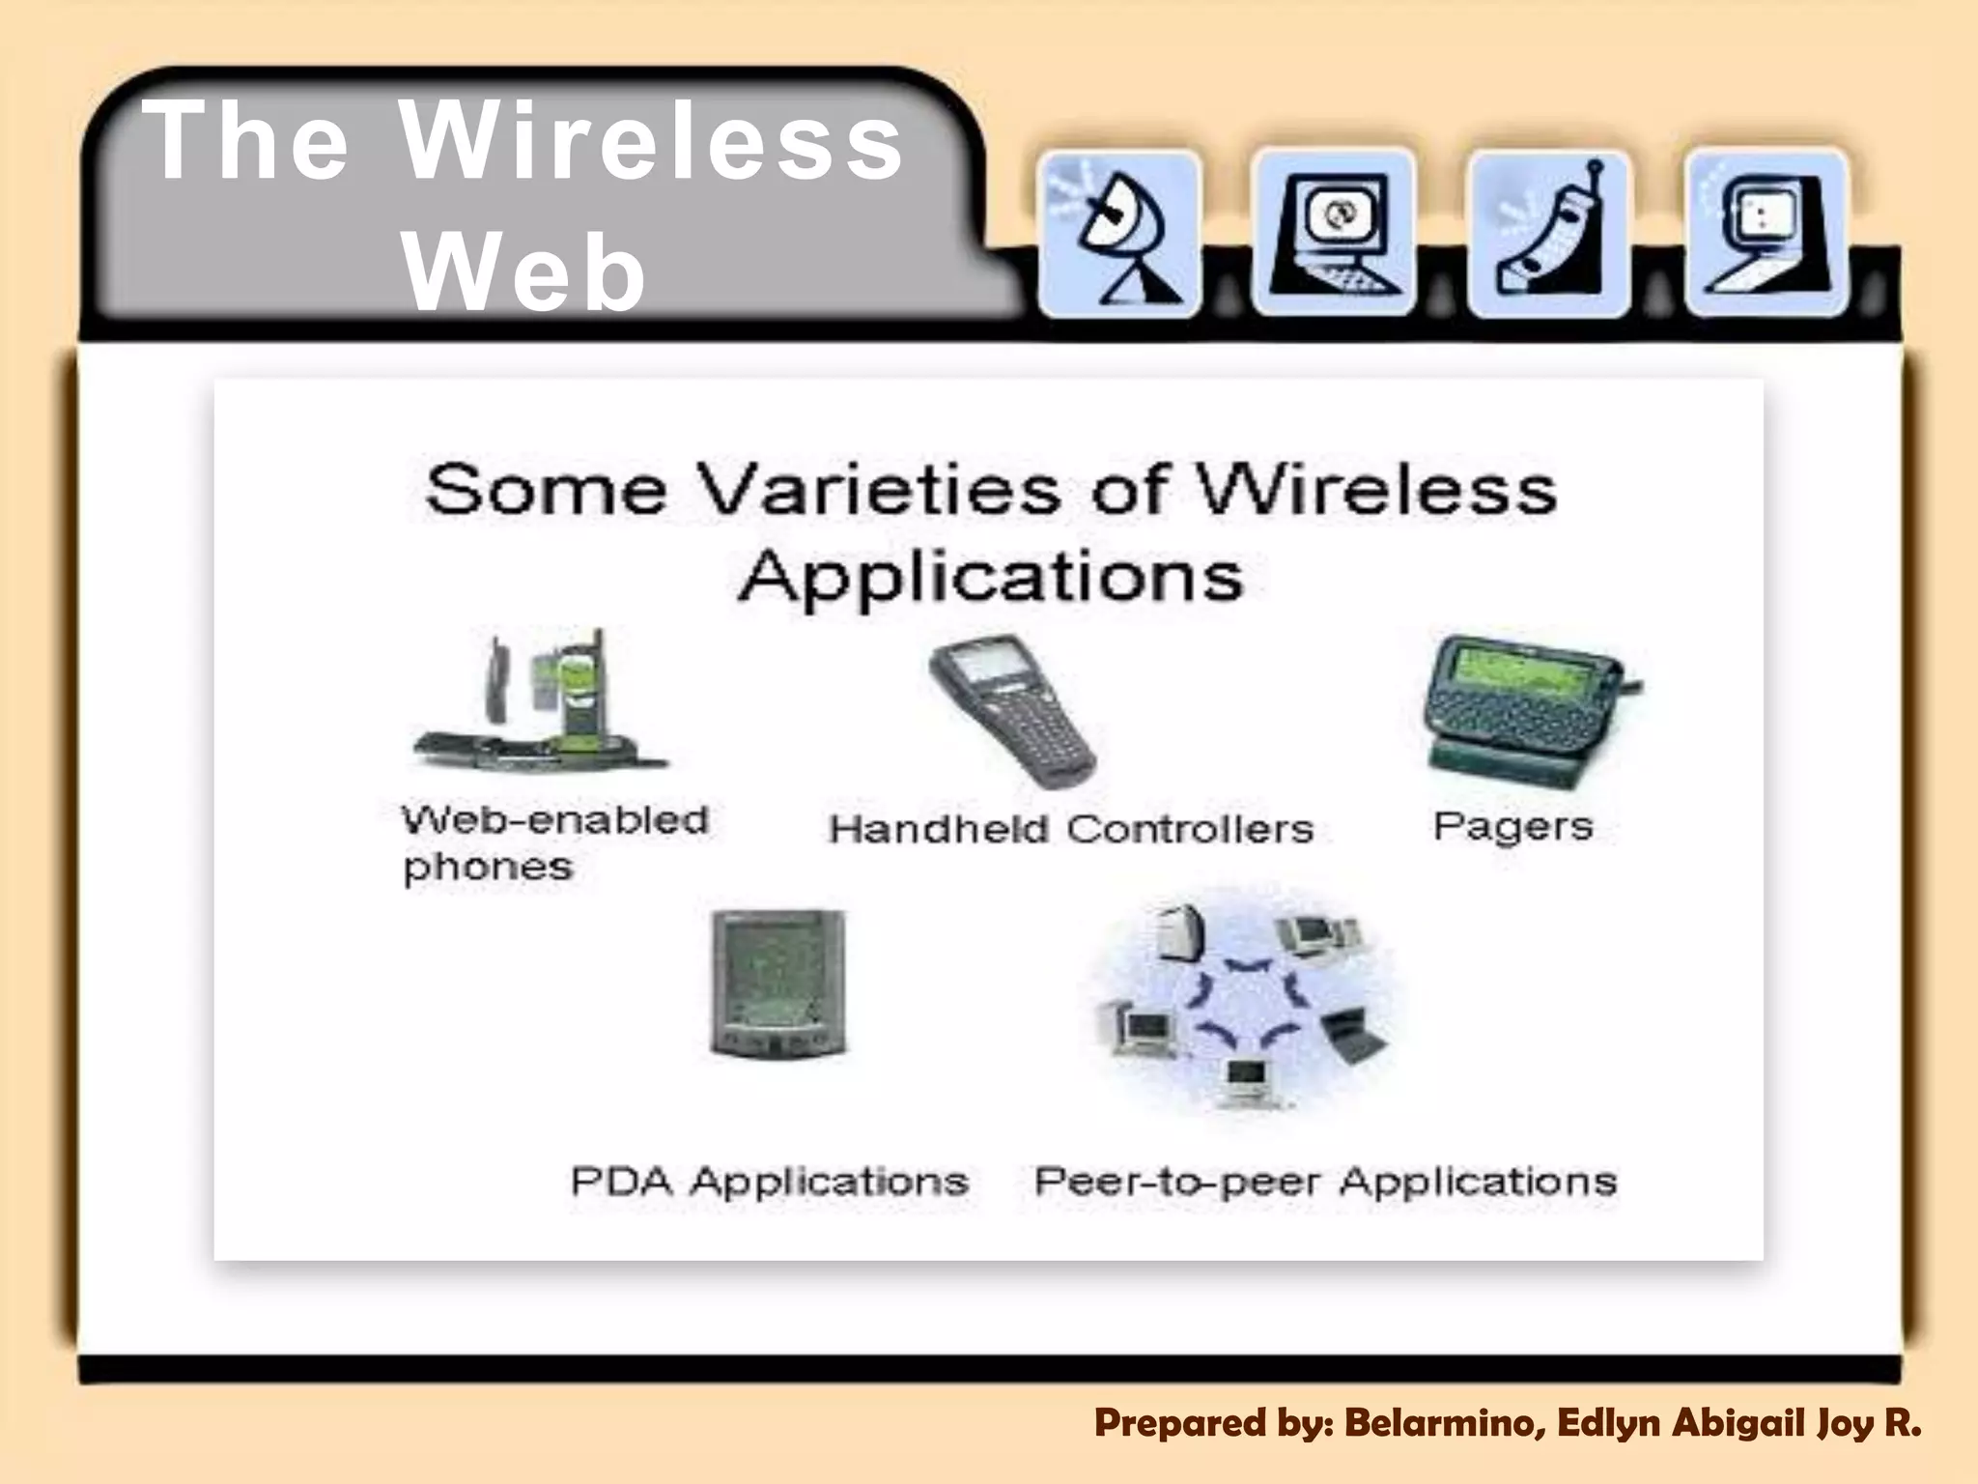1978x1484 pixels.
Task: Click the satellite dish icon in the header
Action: pos(1120,235)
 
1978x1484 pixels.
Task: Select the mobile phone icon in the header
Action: pos(1549,235)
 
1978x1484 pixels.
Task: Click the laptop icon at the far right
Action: pos(1766,235)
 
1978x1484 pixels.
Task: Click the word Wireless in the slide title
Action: pos(652,143)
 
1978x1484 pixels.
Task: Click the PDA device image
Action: pos(777,984)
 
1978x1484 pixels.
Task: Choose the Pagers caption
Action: pos(1512,827)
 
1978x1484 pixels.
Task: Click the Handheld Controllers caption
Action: pos(1071,829)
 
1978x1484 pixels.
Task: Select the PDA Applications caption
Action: pos(769,1181)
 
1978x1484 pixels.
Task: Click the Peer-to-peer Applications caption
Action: pos(1325,1181)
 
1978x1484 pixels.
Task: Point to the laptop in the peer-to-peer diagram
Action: pos(1354,1034)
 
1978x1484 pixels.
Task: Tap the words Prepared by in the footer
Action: pos(1213,1423)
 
